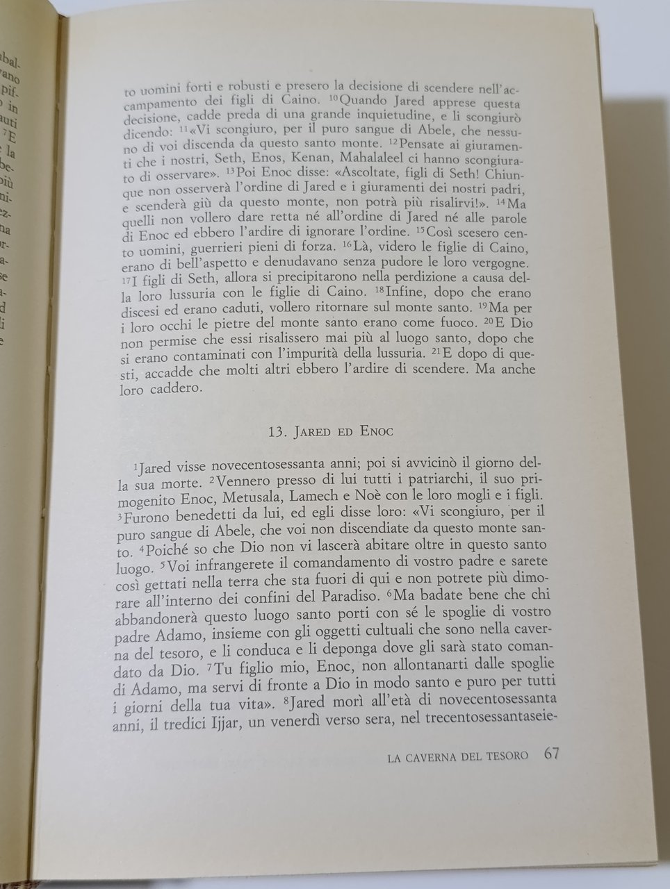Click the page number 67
point(553,753)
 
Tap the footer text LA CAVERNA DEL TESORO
point(459,755)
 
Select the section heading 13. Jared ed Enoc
point(331,431)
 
